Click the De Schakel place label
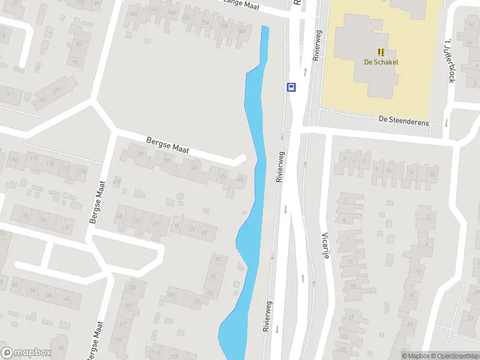pos(381,62)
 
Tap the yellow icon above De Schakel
pos(381,52)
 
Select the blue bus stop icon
pos(292,87)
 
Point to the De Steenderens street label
pos(404,120)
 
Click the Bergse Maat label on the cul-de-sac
pos(167,146)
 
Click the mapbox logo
pos(26,353)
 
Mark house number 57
pos(142,154)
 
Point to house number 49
pos(194,167)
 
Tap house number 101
pos(170,295)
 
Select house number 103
pos(132,288)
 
